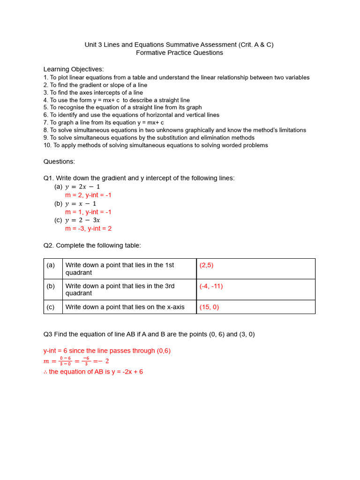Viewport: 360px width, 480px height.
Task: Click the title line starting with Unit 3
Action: [179, 45]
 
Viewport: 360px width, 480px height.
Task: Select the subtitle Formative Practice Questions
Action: [180, 52]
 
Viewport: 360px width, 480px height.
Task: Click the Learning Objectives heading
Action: [74, 69]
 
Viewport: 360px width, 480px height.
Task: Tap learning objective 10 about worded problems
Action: [156, 145]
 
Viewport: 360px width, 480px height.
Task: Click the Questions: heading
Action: [59, 161]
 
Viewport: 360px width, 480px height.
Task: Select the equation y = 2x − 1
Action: [82, 187]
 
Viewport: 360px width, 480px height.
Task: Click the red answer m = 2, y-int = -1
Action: [88, 195]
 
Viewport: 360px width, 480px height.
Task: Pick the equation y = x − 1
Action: [81, 203]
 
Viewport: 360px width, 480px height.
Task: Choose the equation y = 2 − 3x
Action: [82, 220]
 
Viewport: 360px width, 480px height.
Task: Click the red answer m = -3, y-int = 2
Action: [88, 229]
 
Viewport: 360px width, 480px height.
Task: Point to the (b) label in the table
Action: [51, 286]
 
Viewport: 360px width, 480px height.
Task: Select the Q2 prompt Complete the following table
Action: [92, 245]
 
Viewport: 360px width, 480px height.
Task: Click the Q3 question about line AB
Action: [149, 334]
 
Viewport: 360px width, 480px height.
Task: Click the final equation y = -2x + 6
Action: [93, 372]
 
